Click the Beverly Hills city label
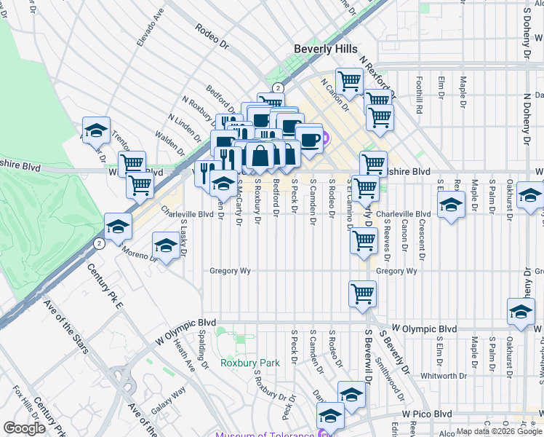tap(325, 48)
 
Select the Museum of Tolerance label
tap(265, 435)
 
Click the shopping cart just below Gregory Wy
tap(362, 294)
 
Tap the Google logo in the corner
tap(24, 428)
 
